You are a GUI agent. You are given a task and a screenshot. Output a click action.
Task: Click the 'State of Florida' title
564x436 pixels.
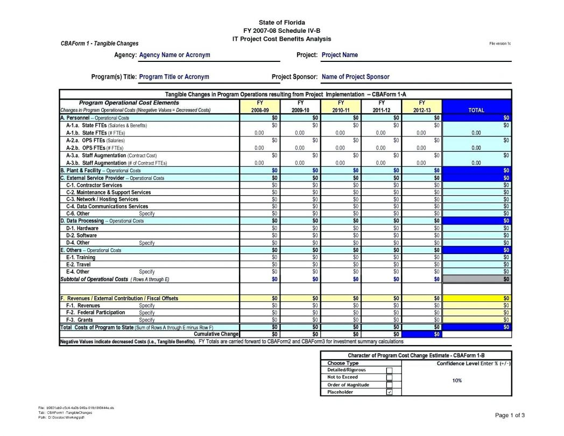point(281,22)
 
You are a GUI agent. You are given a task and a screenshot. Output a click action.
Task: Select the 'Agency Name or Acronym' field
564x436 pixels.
point(174,55)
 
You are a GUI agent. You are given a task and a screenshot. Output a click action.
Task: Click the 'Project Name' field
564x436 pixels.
point(340,55)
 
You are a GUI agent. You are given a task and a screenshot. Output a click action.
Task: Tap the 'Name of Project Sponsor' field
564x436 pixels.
point(355,77)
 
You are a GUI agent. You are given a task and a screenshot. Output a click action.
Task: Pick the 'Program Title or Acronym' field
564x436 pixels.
point(174,77)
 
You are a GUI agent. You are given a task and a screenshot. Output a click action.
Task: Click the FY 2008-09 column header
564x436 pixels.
point(260,106)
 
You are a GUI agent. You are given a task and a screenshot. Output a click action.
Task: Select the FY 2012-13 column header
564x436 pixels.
point(422,106)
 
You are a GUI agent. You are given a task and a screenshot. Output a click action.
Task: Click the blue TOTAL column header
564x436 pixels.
point(476,110)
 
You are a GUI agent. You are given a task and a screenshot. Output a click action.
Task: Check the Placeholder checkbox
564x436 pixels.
point(390,392)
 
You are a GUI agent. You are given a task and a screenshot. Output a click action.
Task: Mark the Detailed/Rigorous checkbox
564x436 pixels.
point(390,370)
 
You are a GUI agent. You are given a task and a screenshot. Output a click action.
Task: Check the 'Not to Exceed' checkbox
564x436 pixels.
point(390,378)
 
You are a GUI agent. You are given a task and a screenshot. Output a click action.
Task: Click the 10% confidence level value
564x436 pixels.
point(456,381)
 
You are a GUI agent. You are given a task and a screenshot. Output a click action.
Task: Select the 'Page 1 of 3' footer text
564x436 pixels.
point(510,415)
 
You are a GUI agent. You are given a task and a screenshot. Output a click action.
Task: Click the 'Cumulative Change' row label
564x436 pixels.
point(216,334)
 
